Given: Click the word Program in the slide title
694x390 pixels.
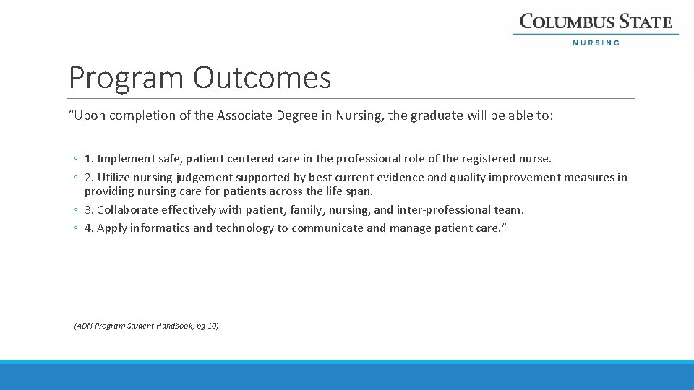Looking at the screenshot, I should click(x=127, y=78).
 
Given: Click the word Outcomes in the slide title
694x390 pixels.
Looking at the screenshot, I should click(x=262, y=78).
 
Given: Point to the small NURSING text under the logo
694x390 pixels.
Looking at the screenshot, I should click(x=596, y=43).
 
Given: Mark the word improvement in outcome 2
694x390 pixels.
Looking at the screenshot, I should click(x=523, y=177).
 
